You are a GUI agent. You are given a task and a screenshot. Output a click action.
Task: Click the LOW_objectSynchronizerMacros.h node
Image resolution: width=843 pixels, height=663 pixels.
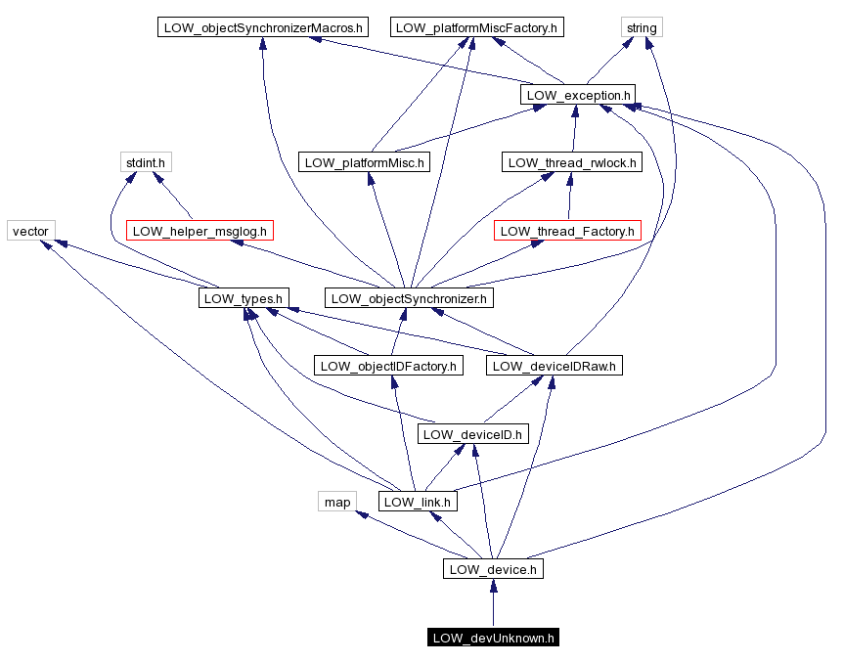tap(261, 27)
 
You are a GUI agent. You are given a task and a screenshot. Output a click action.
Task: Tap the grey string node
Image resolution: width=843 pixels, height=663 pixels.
tap(642, 27)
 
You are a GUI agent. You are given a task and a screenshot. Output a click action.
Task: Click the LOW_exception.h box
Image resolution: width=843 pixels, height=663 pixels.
tap(578, 95)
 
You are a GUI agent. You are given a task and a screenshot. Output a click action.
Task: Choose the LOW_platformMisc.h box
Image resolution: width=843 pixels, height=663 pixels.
tap(364, 162)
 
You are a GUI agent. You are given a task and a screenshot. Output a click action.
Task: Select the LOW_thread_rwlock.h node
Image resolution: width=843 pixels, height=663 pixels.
tap(572, 162)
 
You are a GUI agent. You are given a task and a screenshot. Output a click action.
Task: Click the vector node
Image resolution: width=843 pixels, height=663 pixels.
tap(30, 231)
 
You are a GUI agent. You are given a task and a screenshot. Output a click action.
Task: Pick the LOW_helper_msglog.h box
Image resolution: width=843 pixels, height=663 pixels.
tap(200, 231)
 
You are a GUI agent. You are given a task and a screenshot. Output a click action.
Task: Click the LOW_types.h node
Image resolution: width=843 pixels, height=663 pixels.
tap(243, 298)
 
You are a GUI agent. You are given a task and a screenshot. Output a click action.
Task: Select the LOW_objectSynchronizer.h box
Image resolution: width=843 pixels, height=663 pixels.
tap(408, 298)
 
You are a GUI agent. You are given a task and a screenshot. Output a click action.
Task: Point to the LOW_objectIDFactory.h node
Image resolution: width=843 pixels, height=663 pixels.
tap(389, 366)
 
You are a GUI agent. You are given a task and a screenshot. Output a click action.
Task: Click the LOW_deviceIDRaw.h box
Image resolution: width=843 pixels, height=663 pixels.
tap(554, 366)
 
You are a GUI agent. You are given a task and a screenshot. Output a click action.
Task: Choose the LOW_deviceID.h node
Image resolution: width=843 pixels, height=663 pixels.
tap(473, 433)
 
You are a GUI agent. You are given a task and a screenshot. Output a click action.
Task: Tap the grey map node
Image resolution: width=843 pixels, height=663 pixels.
tap(336, 502)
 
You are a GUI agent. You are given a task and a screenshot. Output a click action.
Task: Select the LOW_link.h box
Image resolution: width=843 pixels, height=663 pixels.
tap(418, 502)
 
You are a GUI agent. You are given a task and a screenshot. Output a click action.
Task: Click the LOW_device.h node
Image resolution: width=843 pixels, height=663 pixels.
tap(493, 569)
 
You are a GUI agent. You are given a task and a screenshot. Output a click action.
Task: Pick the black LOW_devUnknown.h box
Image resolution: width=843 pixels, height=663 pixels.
tap(493, 638)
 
